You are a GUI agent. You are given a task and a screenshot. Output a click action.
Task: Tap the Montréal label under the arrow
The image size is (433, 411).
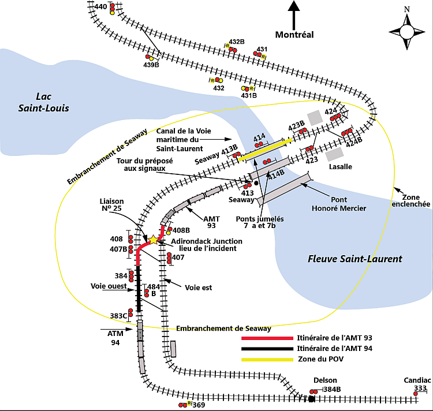tap(294, 35)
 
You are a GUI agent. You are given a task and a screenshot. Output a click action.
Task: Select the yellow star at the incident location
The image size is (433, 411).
tap(154, 240)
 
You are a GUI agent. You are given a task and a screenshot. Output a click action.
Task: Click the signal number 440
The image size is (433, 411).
tap(100, 7)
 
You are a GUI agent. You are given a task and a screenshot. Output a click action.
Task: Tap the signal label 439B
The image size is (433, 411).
tap(151, 65)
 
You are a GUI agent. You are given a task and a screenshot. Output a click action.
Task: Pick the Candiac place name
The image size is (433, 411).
tap(418, 380)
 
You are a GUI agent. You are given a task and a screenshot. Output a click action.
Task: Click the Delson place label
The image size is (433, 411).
tap(324, 380)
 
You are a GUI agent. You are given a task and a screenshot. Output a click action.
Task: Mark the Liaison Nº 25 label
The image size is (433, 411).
tap(111, 206)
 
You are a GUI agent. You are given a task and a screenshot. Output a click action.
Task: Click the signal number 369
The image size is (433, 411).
tap(199, 406)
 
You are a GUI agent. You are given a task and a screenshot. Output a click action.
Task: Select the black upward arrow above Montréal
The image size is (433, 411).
tap(294, 15)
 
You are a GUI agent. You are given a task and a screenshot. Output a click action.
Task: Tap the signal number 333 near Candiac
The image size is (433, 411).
tap(420, 390)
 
